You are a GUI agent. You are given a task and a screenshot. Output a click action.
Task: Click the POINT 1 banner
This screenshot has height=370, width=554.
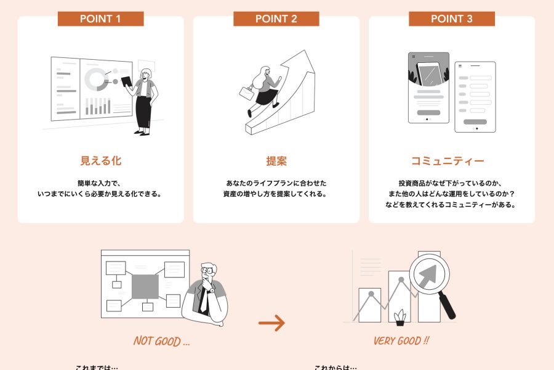100,18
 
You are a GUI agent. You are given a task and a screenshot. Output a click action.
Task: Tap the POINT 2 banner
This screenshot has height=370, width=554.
276,18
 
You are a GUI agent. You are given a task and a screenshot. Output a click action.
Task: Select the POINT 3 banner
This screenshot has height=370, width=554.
451,18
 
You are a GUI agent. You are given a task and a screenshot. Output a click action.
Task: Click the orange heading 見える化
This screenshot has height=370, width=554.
100,162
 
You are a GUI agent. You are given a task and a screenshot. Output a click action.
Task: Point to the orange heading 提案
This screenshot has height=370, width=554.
276,162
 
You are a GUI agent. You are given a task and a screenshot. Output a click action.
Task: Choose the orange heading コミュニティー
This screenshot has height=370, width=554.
448,162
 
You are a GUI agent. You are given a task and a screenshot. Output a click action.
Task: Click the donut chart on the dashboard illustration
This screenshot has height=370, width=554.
95,79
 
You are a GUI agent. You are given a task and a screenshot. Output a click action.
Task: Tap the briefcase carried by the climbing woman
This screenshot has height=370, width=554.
247,94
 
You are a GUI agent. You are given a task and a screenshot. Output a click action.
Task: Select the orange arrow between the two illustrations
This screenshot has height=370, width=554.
271,323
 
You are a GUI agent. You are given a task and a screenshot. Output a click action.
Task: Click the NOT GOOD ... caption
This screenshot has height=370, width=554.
161,342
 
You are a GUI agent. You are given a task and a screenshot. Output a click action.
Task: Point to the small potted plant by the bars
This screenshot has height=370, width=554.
400,318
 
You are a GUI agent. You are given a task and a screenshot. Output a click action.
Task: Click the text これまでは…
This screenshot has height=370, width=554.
97,368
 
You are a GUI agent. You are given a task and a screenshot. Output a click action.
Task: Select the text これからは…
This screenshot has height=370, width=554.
335,368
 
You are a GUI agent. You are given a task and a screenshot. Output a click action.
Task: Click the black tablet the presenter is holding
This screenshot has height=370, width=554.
126,82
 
